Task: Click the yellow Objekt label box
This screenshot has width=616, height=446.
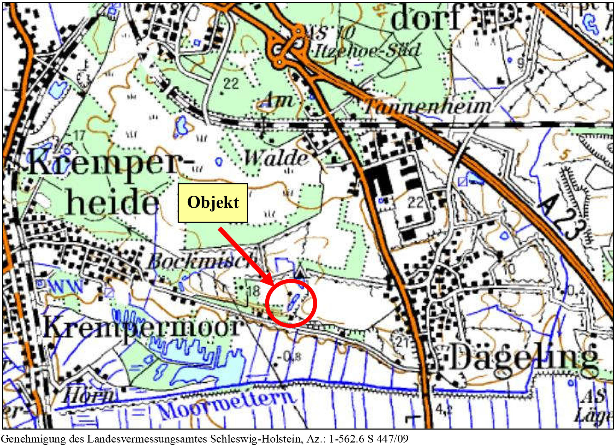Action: [x=213, y=203]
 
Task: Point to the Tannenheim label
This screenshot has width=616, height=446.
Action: [x=428, y=106]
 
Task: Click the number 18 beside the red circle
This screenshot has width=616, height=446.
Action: [x=254, y=291]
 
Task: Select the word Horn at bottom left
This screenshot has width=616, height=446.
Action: [x=89, y=395]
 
